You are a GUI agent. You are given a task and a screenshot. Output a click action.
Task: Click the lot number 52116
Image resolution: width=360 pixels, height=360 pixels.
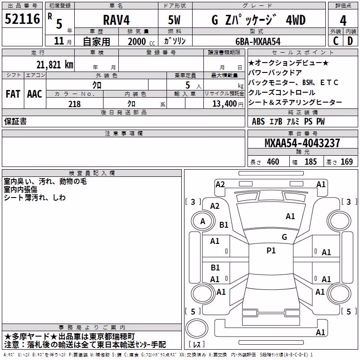22,19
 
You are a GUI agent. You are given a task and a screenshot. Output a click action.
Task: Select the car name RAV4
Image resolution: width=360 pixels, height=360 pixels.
117,20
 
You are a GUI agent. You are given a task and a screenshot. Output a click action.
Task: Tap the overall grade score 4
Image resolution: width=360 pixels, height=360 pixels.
343,21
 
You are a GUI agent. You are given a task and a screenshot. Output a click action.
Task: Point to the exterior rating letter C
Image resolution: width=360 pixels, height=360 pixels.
336,41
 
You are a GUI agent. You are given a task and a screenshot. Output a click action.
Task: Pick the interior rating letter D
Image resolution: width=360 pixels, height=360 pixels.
350,41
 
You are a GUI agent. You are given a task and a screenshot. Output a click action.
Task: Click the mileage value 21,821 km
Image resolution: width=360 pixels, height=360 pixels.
55,65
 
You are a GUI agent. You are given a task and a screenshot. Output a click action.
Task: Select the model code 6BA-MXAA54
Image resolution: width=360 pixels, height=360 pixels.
258,41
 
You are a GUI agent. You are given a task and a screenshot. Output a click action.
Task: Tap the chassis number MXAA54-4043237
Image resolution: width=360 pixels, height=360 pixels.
302,143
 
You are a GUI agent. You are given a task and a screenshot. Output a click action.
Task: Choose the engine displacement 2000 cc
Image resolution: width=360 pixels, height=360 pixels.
141,41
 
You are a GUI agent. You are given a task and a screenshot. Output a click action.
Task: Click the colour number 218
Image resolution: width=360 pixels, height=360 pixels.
74,104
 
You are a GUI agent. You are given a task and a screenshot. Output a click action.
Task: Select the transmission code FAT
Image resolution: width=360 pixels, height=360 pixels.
13,94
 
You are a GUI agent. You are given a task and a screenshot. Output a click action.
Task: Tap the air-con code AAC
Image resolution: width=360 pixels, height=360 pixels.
35,94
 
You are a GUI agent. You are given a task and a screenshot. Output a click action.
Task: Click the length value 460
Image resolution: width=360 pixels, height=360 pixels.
273,162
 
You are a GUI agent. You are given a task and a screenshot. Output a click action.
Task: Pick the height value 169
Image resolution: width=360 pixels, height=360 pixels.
346,162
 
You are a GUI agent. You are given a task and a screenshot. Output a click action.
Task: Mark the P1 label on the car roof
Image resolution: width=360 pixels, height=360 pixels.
271,251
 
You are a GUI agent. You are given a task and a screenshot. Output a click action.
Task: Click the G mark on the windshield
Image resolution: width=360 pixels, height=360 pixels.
284,237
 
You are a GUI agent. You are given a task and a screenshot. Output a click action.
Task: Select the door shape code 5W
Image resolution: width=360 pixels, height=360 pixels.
174,20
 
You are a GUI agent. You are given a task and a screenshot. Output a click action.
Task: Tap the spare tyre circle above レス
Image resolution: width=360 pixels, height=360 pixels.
197,328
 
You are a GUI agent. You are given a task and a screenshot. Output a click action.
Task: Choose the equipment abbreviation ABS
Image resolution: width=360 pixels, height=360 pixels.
258,121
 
